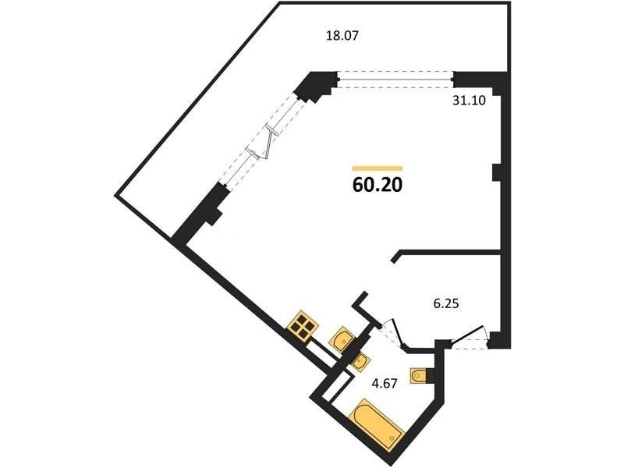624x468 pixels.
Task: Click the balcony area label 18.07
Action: (342, 36)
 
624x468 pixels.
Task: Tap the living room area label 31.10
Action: (470, 101)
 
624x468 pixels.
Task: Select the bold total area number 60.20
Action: (378, 185)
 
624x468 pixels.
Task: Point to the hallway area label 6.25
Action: (446, 304)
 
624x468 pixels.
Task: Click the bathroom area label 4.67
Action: (385, 385)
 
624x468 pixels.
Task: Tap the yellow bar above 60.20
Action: (378, 168)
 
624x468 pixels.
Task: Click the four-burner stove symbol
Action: (303, 326)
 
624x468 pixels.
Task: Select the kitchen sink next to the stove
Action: (342, 339)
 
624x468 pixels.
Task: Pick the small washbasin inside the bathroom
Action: (361, 362)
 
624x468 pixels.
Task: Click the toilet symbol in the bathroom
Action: (418, 375)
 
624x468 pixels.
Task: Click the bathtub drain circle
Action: (393, 438)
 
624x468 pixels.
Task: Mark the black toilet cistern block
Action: (430, 376)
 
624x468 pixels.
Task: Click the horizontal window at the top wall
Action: (395, 80)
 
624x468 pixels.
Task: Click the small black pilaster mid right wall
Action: (497, 172)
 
